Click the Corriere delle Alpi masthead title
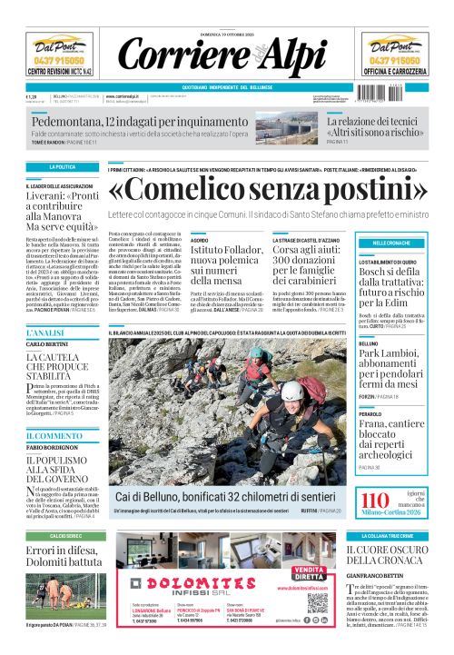[226, 52]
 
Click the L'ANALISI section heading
[44, 334]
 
